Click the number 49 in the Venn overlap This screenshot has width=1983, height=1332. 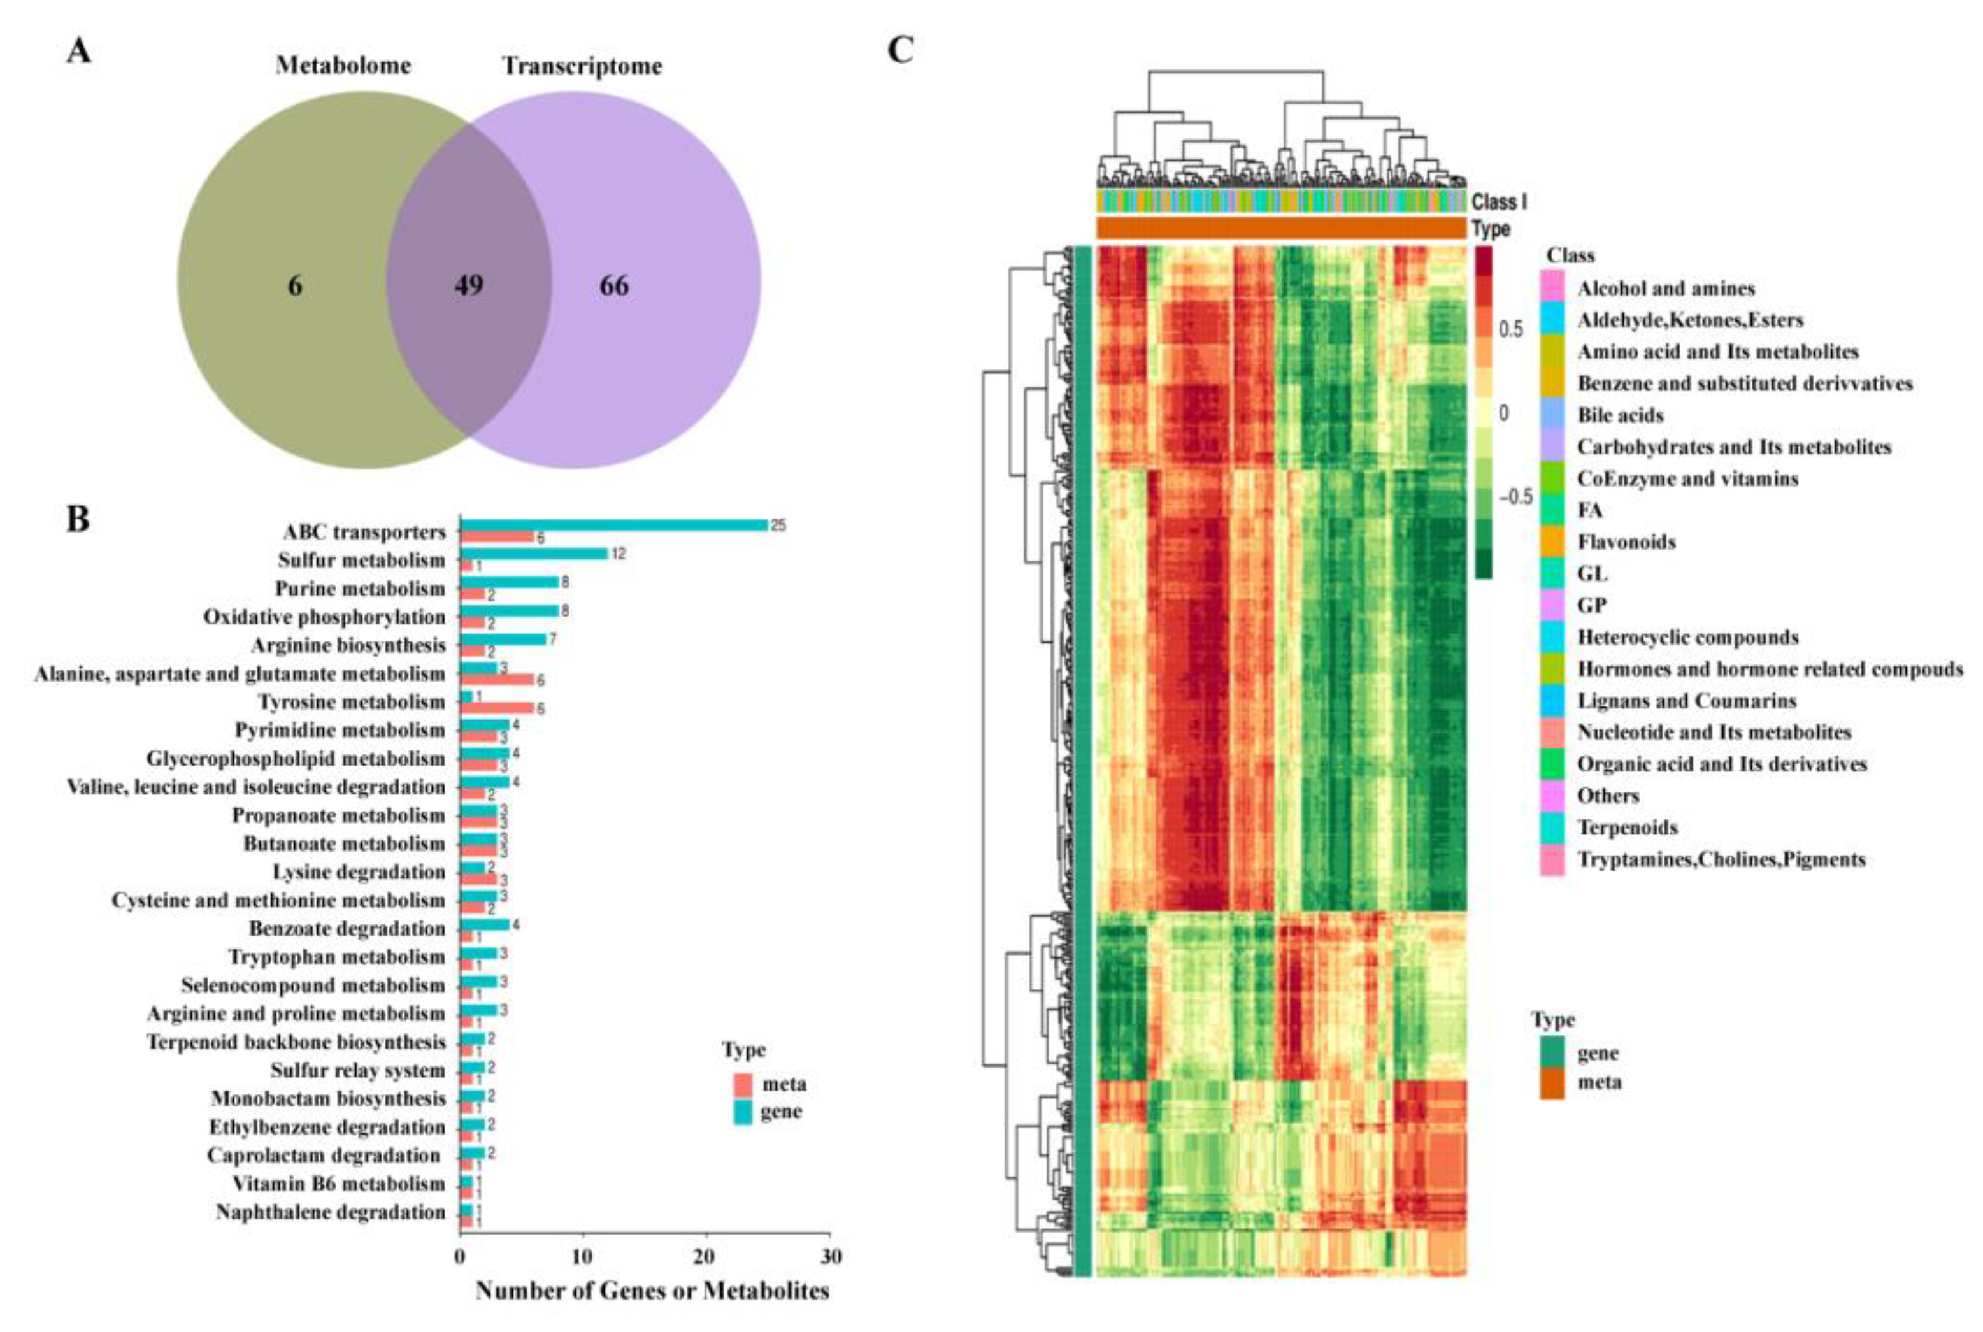point(468,285)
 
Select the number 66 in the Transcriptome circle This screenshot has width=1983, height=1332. point(614,285)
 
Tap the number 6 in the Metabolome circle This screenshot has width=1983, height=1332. point(295,285)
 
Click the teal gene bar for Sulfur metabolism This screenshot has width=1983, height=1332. point(533,554)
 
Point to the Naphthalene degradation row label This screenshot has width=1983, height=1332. point(331,1212)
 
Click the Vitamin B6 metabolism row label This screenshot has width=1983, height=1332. point(339,1184)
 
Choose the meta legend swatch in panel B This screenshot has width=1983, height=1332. point(743,1085)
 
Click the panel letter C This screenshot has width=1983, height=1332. point(900,51)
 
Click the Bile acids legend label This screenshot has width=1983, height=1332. point(1619,415)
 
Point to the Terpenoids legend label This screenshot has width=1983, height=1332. point(1627,827)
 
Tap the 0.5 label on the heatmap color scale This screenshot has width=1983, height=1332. point(1511,329)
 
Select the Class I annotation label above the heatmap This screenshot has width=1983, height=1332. point(1499,202)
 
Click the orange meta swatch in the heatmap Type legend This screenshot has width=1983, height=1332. point(1552,1083)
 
